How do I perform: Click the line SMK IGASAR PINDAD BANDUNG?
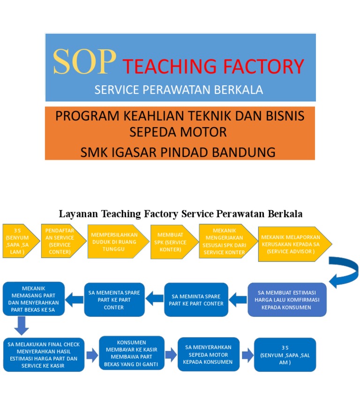178,152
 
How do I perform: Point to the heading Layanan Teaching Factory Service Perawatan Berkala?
180,214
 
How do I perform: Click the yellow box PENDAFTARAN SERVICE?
60,241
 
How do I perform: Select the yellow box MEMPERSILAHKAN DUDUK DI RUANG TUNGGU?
114,241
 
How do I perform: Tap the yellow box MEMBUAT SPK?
171,242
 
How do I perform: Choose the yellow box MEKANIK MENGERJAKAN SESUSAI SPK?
225,241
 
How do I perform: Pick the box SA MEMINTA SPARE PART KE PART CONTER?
196,300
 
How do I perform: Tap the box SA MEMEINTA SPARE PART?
114,300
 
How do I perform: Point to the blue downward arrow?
22,325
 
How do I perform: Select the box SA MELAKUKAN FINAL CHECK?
44,354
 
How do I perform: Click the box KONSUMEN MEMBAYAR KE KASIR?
131,353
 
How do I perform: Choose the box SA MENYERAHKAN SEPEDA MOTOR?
208,354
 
